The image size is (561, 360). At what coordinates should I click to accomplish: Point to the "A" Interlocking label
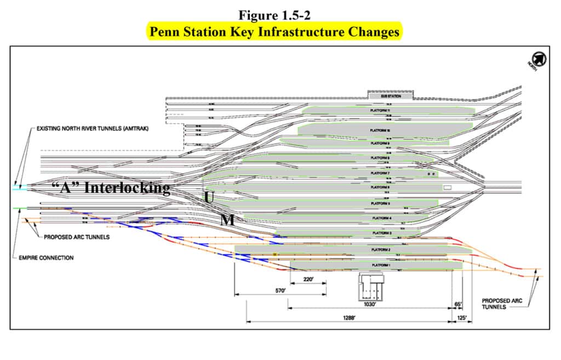point(110,188)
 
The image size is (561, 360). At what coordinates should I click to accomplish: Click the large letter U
point(209,198)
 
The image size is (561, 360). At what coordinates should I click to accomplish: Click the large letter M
point(227,220)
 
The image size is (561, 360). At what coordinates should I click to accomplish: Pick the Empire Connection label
point(47,258)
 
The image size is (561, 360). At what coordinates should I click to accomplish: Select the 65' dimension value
point(457,304)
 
